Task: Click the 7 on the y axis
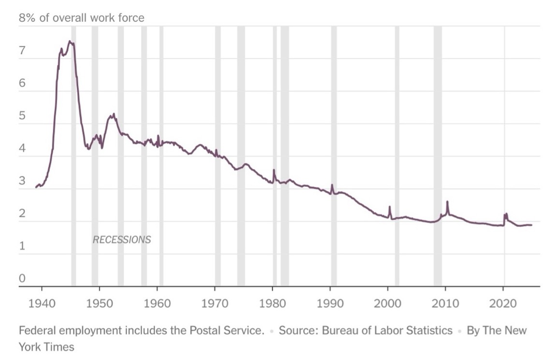[22, 51]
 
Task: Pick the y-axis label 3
[22, 181]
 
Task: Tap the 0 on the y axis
[22, 279]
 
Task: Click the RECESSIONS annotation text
[121, 240]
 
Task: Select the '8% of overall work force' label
[81, 18]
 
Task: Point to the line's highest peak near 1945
[70, 42]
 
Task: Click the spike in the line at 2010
[447, 202]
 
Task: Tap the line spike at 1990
[332, 185]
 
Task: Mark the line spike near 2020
[505, 214]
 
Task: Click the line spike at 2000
[389, 207]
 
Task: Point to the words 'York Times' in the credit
[46, 347]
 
